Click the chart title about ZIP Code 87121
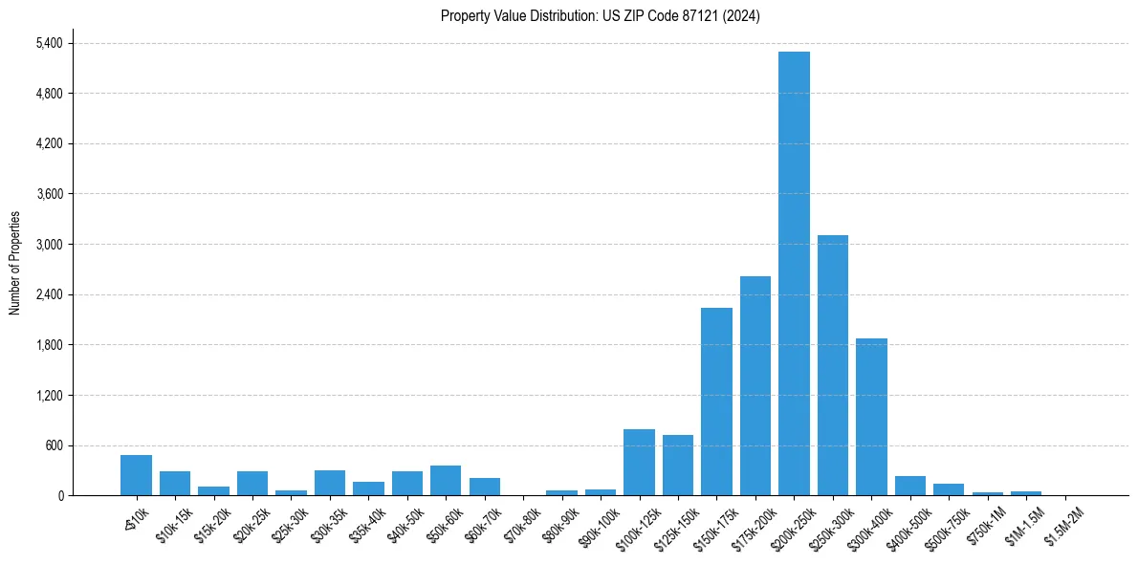[600, 16]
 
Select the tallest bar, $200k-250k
[794, 273]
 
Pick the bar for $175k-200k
[755, 385]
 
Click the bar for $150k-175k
[716, 401]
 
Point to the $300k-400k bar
[871, 417]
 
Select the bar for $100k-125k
[639, 463]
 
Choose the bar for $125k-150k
[678, 466]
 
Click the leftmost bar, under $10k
[136, 475]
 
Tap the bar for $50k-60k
[446, 481]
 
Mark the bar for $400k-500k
[910, 486]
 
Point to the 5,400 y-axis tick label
[49, 43]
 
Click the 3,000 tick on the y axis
[49, 245]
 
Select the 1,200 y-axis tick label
[49, 396]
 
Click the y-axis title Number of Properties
[15, 263]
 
